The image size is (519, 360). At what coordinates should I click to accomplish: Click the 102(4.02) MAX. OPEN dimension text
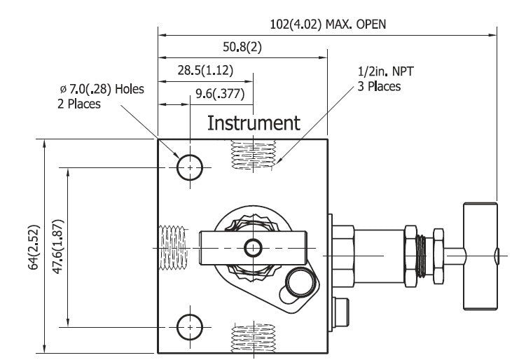tap(328, 24)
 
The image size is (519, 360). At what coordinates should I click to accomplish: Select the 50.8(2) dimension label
tap(242, 48)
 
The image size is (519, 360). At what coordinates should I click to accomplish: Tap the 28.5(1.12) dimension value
tap(205, 69)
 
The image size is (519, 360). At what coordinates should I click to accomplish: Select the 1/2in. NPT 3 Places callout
tap(379, 79)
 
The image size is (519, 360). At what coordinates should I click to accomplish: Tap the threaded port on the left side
tap(172, 247)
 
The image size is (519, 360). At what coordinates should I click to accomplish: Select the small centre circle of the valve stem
tap(253, 247)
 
